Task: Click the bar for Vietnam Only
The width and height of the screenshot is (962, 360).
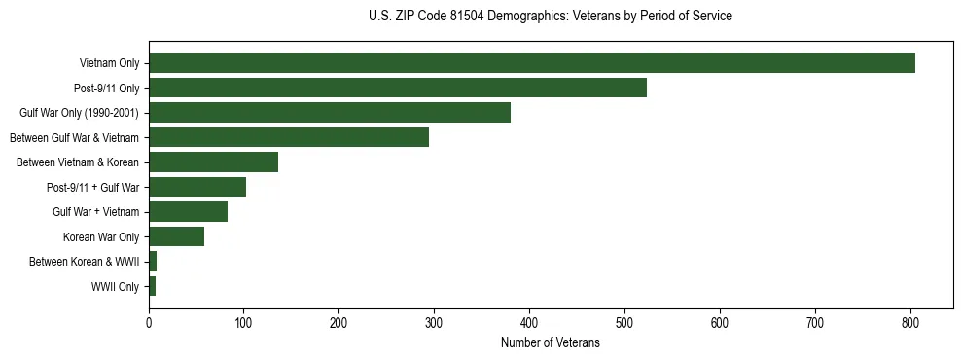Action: [532, 63]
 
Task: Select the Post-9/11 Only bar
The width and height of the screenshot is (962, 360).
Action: [398, 88]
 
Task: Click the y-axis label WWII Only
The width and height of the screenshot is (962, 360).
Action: [115, 287]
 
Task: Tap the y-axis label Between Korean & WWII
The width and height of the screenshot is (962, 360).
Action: [84, 262]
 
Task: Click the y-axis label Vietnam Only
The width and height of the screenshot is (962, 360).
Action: [109, 64]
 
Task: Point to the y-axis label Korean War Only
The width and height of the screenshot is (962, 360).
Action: [101, 237]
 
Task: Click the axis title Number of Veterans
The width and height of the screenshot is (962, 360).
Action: [550, 343]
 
